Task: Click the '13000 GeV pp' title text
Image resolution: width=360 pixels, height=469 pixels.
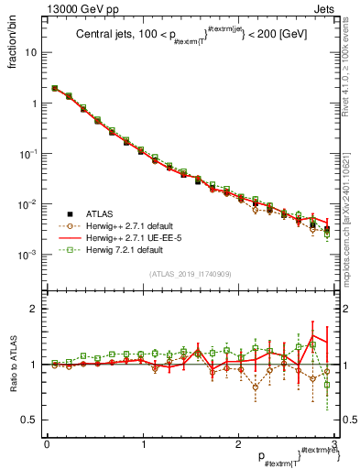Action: click(x=79, y=8)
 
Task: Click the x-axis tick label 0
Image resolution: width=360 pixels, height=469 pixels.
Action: click(x=47, y=443)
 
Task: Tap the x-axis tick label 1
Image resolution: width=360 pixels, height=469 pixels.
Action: click(x=143, y=443)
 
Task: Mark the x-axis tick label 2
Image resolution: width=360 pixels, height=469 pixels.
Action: click(x=239, y=443)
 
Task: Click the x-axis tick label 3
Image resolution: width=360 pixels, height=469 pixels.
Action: click(x=334, y=443)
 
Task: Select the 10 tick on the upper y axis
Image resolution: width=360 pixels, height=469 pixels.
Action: click(x=33, y=53)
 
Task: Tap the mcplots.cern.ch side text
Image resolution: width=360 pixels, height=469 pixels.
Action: click(x=353, y=202)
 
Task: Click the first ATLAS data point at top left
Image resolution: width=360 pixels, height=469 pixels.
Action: click(x=55, y=89)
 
